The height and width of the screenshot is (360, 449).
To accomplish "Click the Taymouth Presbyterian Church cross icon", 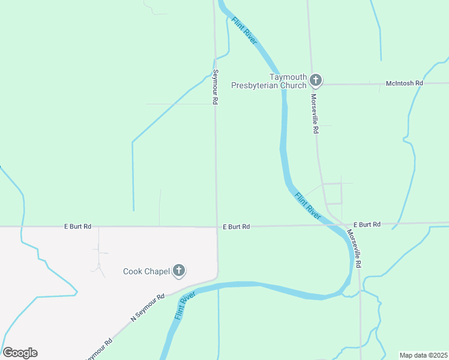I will pos(316,79).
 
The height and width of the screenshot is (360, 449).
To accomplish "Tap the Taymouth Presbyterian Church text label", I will pos(270,81).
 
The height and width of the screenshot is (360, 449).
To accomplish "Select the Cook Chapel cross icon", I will pos(178,271).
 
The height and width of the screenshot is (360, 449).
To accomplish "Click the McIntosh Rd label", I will pos(404,83).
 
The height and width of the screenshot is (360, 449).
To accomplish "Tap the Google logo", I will pos(20,353).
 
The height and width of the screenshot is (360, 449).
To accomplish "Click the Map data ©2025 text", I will pos(423,355).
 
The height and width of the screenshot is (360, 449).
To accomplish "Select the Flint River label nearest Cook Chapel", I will pos(186,305).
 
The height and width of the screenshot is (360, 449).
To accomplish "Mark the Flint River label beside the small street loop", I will pos(307,204).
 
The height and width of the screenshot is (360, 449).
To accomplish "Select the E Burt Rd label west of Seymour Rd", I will pos(78,226).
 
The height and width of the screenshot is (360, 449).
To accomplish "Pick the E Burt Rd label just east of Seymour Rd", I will pos(236,227).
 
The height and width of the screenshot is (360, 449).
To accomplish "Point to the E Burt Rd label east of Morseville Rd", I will pos(367,224).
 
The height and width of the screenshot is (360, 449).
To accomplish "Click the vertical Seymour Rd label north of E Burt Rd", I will pos(215,88).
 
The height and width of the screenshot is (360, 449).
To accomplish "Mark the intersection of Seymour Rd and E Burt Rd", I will pos(217,227).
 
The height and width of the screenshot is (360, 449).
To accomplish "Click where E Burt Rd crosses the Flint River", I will pos(328,225).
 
